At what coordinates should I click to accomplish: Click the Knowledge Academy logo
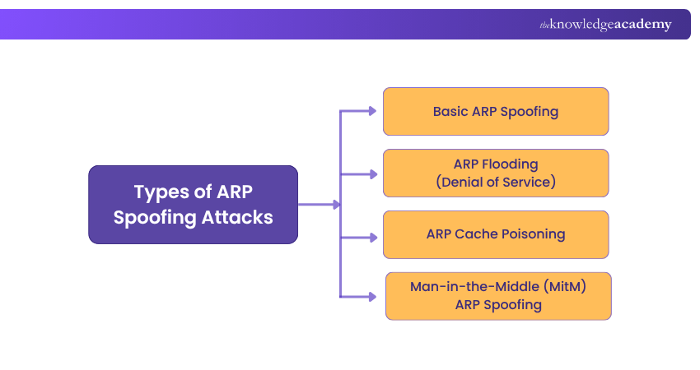[605, 25]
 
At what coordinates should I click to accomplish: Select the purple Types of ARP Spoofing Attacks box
[193, 205]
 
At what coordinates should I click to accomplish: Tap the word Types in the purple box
[156, 192]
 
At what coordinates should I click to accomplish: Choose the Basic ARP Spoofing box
[496, 111]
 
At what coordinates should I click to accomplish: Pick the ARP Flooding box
[496, 173]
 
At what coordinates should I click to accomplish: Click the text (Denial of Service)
[496, 182]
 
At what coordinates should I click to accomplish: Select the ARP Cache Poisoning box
[496, 234]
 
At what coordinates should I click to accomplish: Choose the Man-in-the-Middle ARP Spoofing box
[498, 296]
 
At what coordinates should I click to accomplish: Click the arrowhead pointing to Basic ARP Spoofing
[371, 111]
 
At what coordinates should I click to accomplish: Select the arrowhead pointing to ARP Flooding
[371, 173]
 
